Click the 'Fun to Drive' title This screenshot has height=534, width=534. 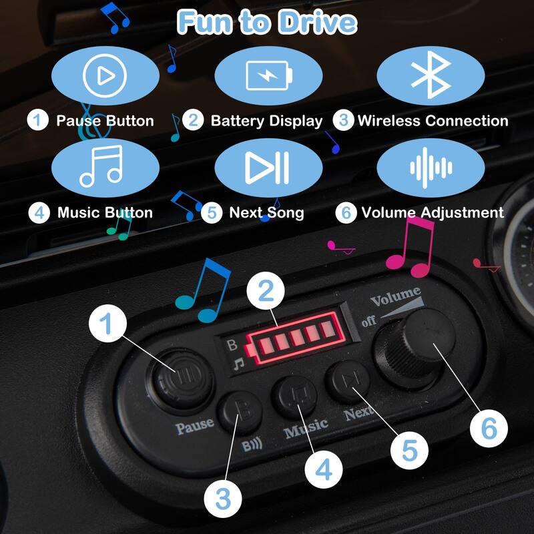[x=267, y=22]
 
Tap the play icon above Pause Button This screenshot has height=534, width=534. [x=105, y=75]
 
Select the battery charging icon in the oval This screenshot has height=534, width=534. [x=269, y=75]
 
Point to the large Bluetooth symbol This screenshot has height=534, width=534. [x=431, y=75]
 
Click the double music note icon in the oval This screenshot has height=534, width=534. [x=101, y=166]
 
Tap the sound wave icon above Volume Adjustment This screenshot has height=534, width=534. [x=431, y=168]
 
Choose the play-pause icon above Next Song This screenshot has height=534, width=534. [x=268, y=168]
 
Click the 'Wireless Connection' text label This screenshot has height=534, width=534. [x=433, y=121]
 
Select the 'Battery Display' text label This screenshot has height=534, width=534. [x=266, y=121]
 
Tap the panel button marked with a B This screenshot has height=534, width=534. [x=240, y=412]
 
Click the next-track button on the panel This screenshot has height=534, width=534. [x=348, y=380]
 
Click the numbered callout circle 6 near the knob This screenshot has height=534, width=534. [x=489, y=429]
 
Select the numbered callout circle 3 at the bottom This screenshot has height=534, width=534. [x=223, y=499]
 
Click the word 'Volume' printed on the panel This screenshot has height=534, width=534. [x=396, y=297]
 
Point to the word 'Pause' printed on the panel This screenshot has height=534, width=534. [x=194, y=426]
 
